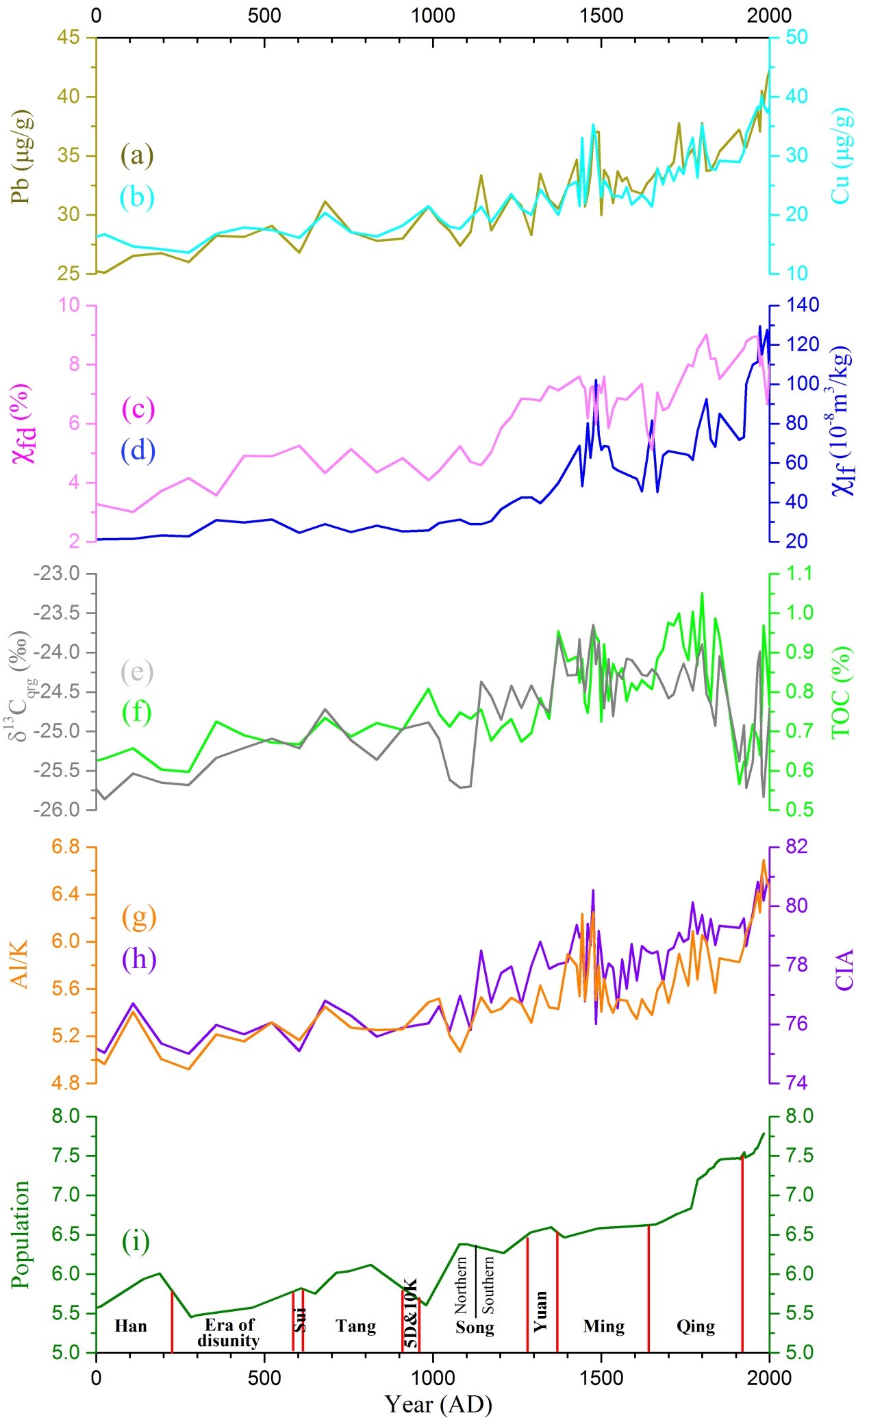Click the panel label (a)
tap(138, 155)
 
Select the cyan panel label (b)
tap(138, 197)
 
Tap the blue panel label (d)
tap(138, 450)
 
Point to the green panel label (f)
tap(138, 712)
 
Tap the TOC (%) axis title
tap(842, 691)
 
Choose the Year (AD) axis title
tap(438, 1404)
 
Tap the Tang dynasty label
tap(356, 1326)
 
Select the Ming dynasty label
tap(604, 1326)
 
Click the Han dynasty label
tap(131, 1326)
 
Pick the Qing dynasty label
tap(696, 1327)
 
